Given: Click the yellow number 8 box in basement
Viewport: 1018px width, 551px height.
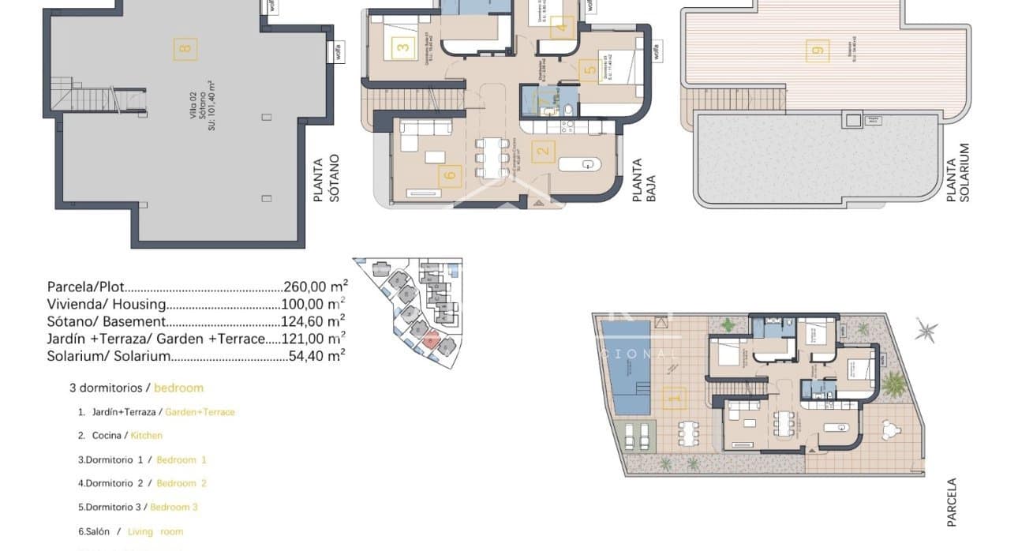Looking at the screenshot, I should [185, 48].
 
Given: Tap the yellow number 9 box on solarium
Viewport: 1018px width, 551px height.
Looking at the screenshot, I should [818, 51].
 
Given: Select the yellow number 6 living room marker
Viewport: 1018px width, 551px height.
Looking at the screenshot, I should [451, 174].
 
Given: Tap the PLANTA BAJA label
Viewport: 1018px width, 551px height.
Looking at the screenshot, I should [643, 180].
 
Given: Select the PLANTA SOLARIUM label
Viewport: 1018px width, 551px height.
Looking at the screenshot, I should [958, 172].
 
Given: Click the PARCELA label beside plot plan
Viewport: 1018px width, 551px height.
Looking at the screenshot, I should [952, 502].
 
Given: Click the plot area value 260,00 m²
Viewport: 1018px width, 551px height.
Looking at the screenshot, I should [315, 287].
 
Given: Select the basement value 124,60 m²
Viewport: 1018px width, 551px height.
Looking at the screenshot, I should [313, 321].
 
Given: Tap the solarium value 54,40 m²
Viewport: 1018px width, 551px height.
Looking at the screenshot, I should [316, 356].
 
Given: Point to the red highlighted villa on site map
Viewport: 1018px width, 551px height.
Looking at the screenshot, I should [430, 340].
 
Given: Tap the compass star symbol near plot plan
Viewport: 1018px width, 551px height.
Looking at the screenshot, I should [926, 331].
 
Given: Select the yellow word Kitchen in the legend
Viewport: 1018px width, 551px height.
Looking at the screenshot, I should [147, 435].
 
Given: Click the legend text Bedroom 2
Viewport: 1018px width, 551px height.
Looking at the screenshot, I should [182, 483].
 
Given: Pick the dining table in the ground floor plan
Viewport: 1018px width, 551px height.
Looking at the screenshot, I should [492, 156].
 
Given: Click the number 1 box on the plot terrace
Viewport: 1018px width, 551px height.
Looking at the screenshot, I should [673, 398].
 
